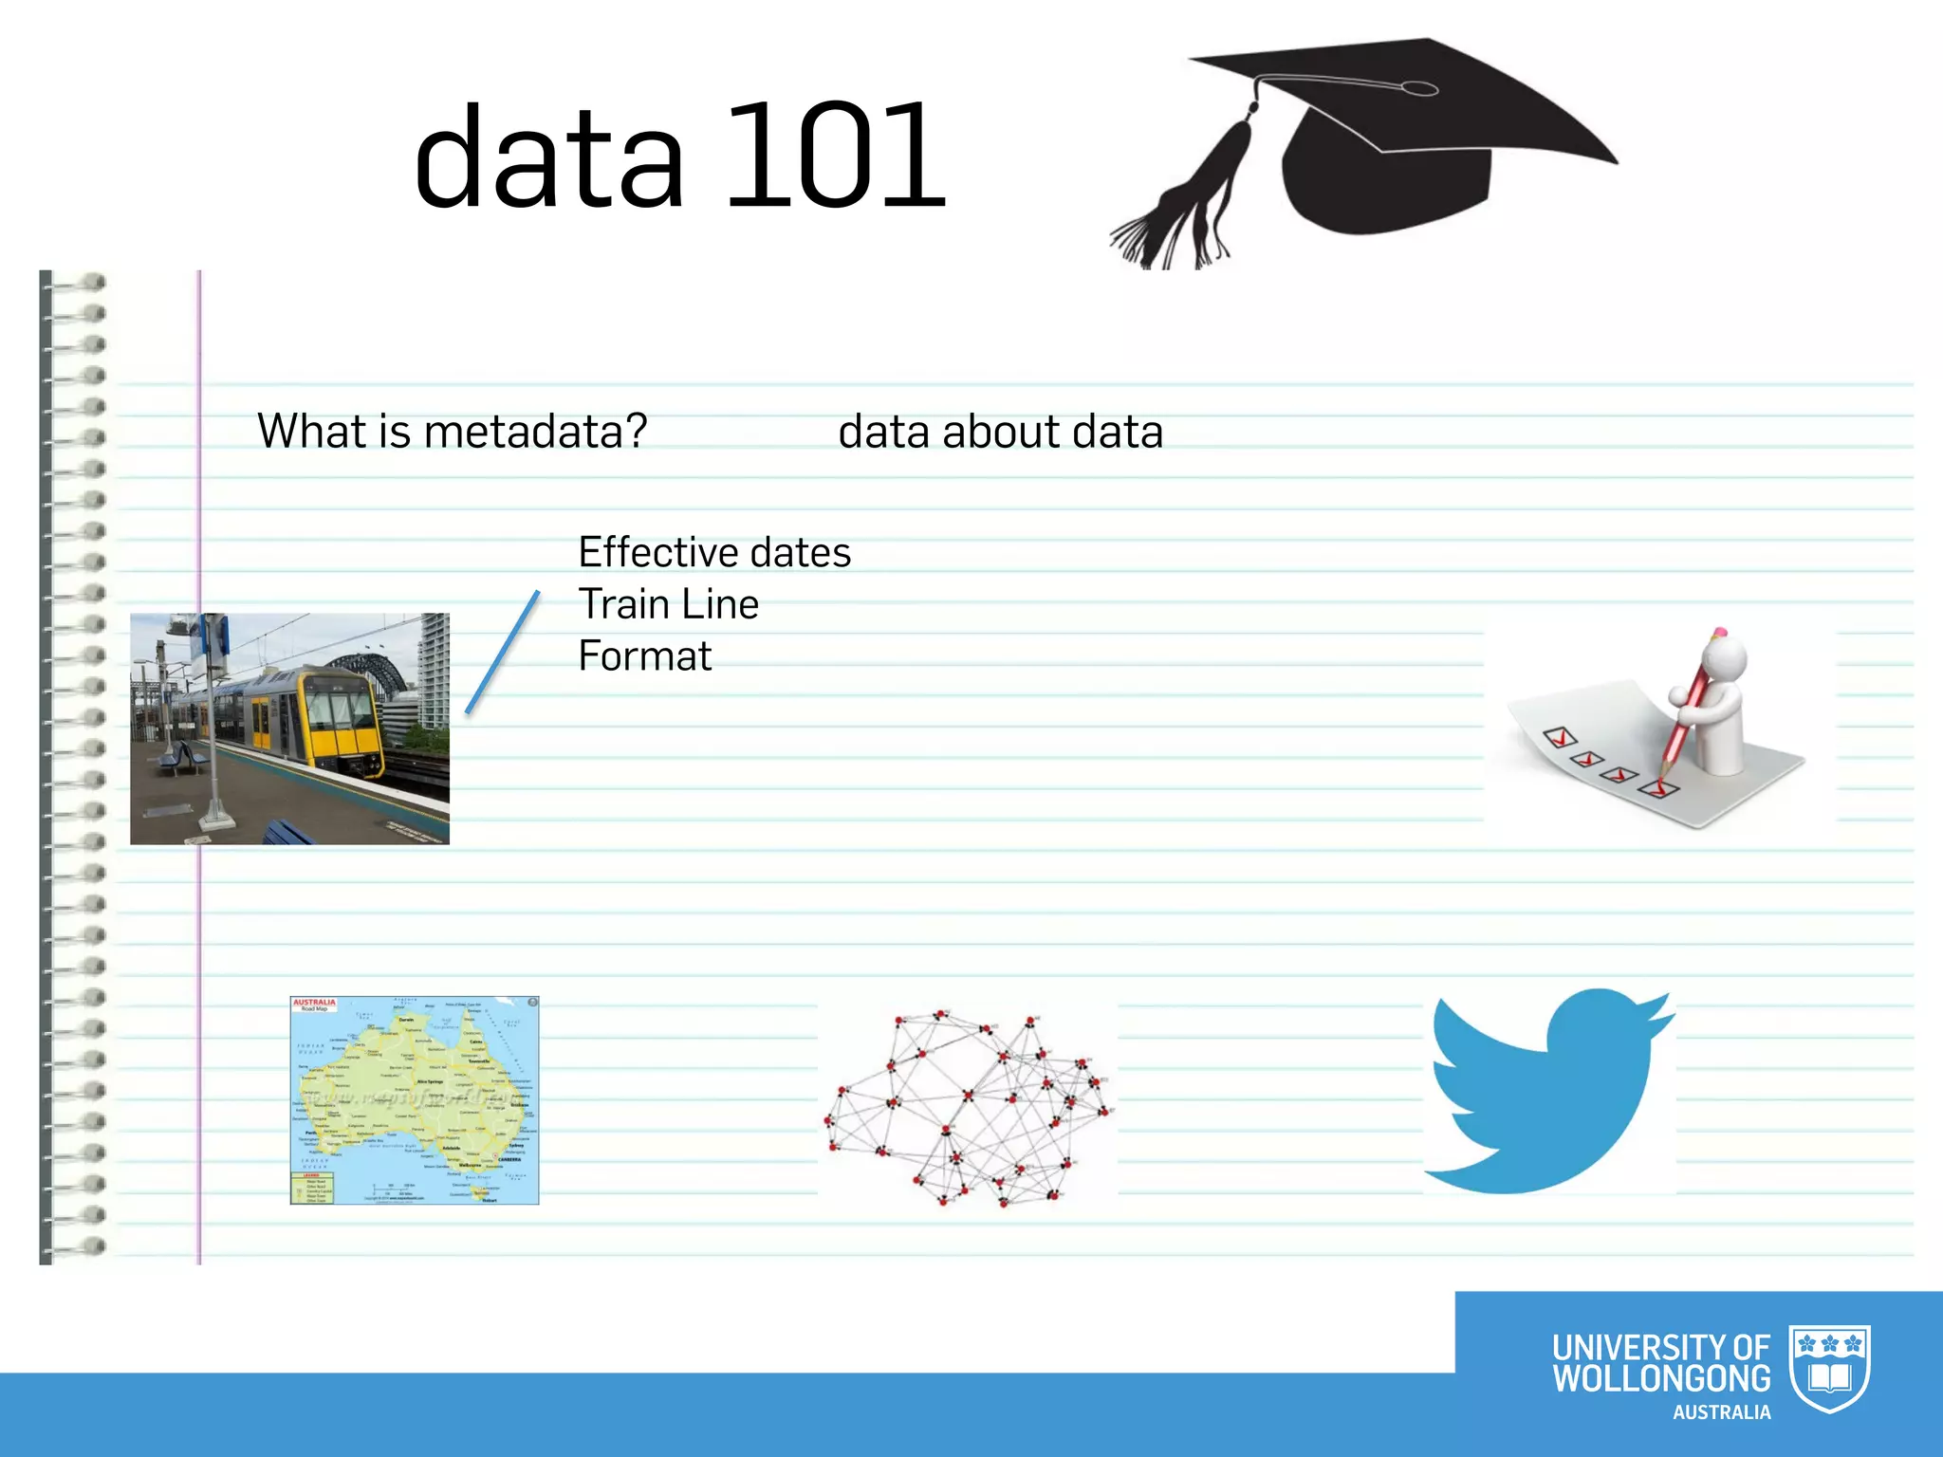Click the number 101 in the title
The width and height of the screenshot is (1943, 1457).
pyautogui.click(x=835, y=157)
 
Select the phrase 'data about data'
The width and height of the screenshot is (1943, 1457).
pyautogui.click(x=1000, y=433)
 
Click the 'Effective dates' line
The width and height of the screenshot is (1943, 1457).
pyautogui.click(x=714, y=552)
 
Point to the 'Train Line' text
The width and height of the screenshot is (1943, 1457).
pyautogui.click(x=668, y=604)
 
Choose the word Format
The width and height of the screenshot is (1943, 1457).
pyautogui.click(x=644, y=656)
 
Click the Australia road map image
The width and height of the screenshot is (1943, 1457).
pyautogui.click(x=415, y=1100)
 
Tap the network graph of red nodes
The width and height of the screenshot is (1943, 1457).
pyautogui.click(x=968, y=1105)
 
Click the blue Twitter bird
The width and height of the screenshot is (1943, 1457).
pyautogui.click(x=1546, y=1091)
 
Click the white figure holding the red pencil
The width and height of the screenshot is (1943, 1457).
pyautogui.click(x=1717, y=702)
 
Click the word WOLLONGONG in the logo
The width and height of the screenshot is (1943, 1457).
pyautogui.click(x=1660, y=1378)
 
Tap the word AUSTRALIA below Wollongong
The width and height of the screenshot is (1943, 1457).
pyautogui.click(x=1721, y=1412)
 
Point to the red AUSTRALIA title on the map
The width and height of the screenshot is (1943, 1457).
pyautogui.click(x=314, y=1002)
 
